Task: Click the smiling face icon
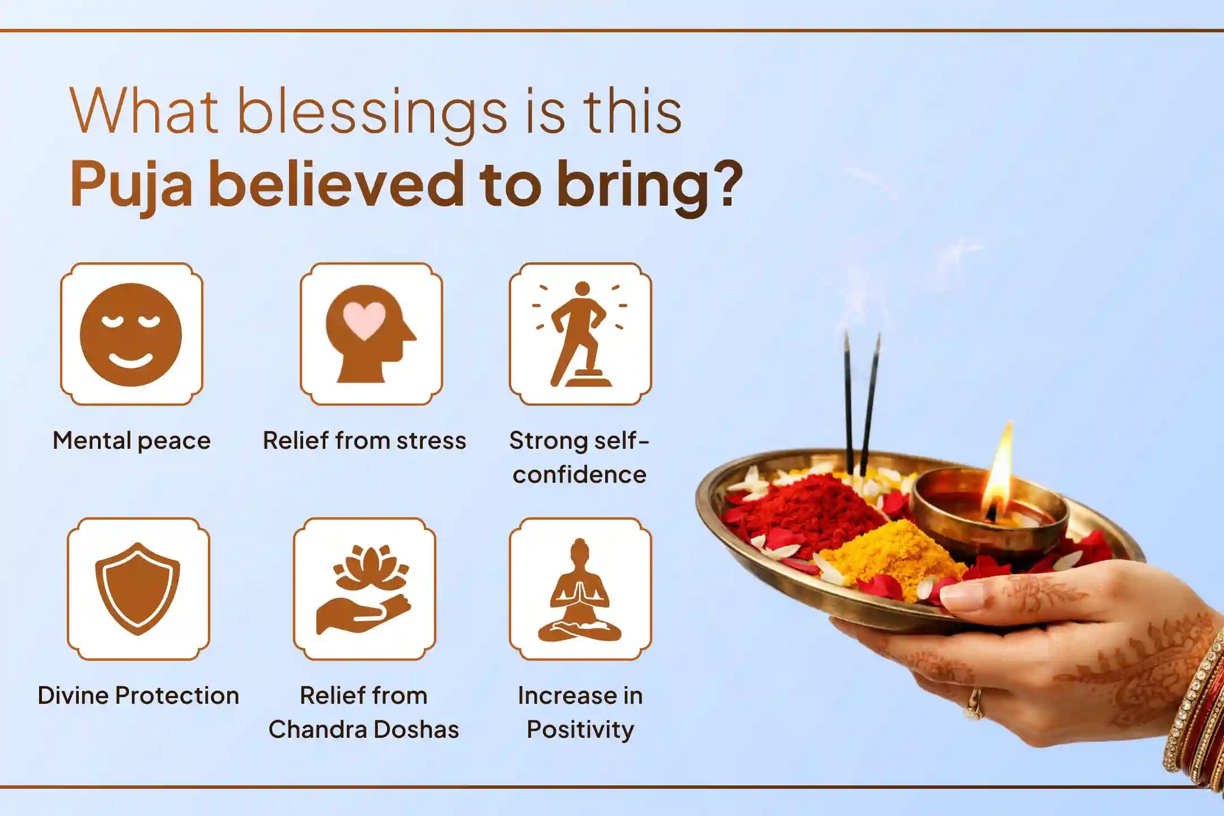[131, 334]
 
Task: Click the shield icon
[138, 589]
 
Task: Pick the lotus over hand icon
[364, 589]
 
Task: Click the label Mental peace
[131, 441]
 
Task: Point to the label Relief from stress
[364, 441]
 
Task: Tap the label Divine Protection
[138, 695]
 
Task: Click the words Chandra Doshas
[364, 729]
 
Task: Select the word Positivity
[580, 729]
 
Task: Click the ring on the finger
[974, 703]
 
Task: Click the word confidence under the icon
[579, 474]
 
